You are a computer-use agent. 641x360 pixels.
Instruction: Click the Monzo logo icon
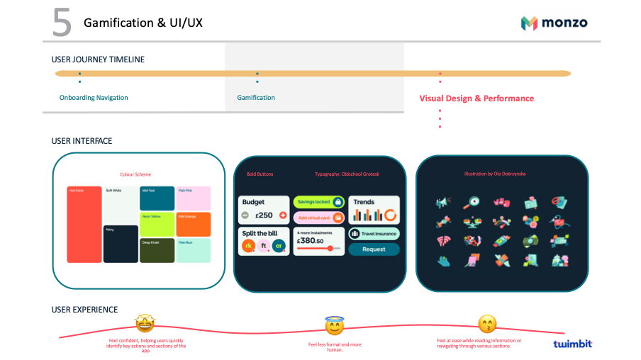pos(529,23)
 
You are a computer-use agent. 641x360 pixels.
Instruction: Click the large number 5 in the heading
pos(62,23)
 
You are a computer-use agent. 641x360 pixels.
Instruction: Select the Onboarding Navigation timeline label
pos(94,98)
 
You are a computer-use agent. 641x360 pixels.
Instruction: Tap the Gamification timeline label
pos(256,98)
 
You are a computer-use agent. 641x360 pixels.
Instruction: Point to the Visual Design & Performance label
pos(476,99)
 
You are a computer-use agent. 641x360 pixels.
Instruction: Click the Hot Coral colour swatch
pos(84,225)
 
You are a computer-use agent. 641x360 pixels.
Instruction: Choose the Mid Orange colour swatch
pos(194,225)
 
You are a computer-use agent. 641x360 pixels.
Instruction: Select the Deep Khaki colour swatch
pos(157,251)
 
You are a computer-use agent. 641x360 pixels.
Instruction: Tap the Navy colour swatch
pos(121,244)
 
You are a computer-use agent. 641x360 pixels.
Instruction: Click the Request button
pos(374,249)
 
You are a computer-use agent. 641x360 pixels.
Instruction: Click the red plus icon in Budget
pos(283,215)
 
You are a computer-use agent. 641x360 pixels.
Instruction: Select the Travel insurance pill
pos(374,233)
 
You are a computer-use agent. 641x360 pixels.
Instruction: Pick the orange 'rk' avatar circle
pos(248,246)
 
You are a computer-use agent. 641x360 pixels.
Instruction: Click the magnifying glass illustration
pos(472,203)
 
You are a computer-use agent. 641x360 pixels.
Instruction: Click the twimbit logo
pos(572,344)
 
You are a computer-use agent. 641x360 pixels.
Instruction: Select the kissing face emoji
pos(487,325)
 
